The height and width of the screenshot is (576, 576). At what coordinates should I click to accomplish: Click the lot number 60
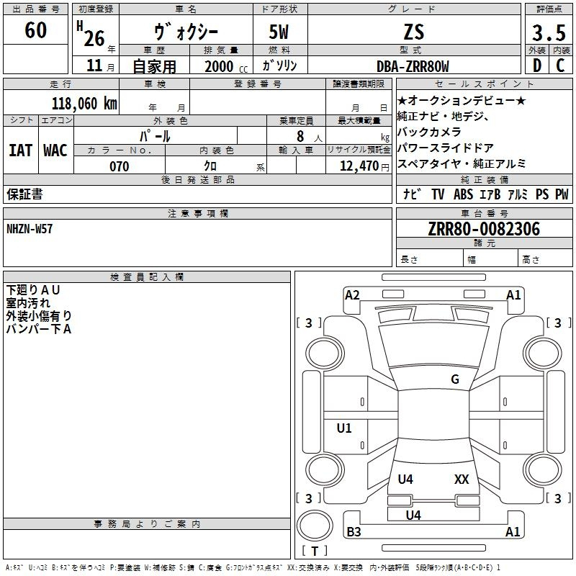pos(35,30)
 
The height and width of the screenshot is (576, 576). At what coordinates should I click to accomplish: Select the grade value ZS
pos(413,32)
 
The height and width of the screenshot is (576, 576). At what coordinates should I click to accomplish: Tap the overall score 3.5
pos(548,33)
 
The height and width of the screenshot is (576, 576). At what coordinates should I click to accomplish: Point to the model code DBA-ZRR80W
pos(413,66)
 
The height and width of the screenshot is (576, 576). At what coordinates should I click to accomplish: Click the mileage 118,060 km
pos(84,103)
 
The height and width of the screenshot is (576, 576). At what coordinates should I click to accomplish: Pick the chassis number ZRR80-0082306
pos(484,229)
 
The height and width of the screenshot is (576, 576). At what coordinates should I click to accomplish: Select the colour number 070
pos(119,166)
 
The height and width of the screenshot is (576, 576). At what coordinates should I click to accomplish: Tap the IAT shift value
pos(20,150)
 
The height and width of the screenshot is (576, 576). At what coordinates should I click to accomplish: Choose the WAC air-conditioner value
pos(55,150)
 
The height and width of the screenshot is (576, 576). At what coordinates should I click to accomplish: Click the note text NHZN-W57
pos(30,229)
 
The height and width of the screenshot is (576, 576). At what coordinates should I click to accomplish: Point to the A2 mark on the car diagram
pos(352,295)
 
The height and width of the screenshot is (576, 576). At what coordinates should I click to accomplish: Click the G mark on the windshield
pos(455,379)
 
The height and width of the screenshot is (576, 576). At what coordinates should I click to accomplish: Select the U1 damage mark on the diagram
pos(344,428)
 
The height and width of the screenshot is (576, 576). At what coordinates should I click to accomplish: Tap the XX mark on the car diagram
pos(462,479)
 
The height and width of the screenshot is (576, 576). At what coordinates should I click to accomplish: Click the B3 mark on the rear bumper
pos(354,532)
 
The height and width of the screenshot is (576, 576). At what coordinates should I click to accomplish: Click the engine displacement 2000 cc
pos(220,66)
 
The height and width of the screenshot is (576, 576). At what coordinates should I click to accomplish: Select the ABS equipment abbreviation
pos(463,194)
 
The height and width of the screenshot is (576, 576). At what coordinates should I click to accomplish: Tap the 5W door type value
pos(281,32)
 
